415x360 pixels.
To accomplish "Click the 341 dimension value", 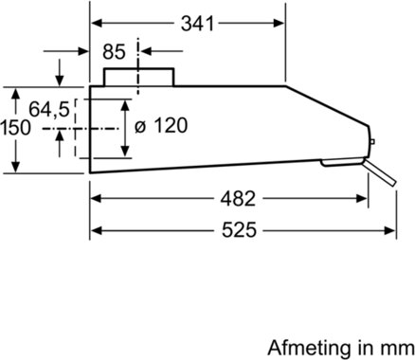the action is click(x=197, y=24).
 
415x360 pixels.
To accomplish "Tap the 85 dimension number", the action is click(x=114, y=51).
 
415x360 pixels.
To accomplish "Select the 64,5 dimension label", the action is click(x=49, y=110).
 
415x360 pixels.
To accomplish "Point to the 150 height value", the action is click(x=15, y=128).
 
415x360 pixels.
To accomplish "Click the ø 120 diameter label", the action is click(x=161, y=125).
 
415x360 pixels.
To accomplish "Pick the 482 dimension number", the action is click(x=238, y=199).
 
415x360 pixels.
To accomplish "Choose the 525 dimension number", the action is click(x=239, y=230).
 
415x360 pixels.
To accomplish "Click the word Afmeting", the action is click(x=309, y=348).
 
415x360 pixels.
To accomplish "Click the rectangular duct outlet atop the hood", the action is click(x=139, y=77).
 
